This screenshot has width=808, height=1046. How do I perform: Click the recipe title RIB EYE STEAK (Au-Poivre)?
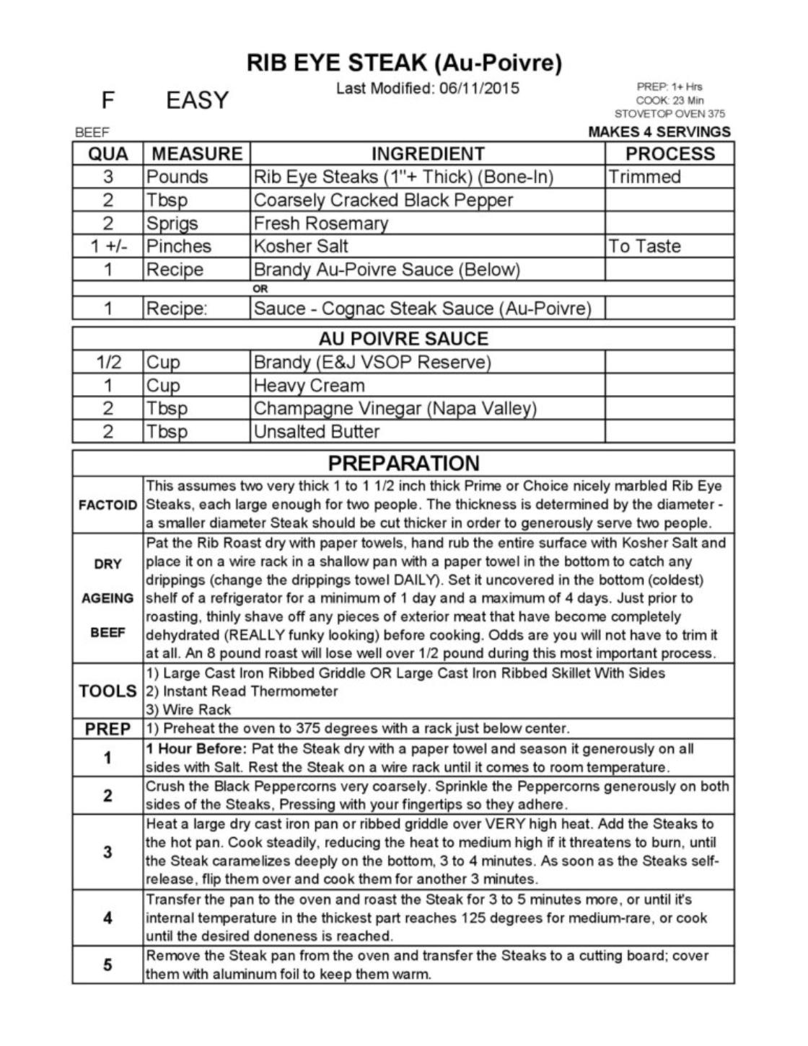tap(403, 63)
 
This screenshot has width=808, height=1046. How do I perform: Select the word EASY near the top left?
tap(197, 100)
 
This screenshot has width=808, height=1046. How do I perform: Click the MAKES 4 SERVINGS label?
tap(659, 132)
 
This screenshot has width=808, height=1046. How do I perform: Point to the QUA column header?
tap(108, 154)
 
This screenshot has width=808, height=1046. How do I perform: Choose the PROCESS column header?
tap(669, 154)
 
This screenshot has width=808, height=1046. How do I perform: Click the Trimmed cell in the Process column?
tap(644, 177)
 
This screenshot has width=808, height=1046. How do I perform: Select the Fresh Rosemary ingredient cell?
tap(321, 223)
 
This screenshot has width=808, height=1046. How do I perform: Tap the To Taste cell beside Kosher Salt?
tap(644, 247)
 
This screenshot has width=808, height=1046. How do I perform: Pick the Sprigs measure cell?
tap(172, 223)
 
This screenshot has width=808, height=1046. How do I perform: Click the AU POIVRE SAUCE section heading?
tap(403, 339)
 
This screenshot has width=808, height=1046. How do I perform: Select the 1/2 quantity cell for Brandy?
tap(108, 362)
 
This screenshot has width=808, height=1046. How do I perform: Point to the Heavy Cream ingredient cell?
tap(309, 386)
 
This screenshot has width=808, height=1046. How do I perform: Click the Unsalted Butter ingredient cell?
tap(317, 432)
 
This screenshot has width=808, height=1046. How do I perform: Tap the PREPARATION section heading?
tap(403, 463)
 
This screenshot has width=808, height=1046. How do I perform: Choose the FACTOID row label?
tap(107, 505)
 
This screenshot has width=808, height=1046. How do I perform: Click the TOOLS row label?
tap(107, 691)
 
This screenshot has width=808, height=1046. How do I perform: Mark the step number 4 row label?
tap(107, 918)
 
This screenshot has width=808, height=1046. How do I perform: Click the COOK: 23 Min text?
tap(669, 100)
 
